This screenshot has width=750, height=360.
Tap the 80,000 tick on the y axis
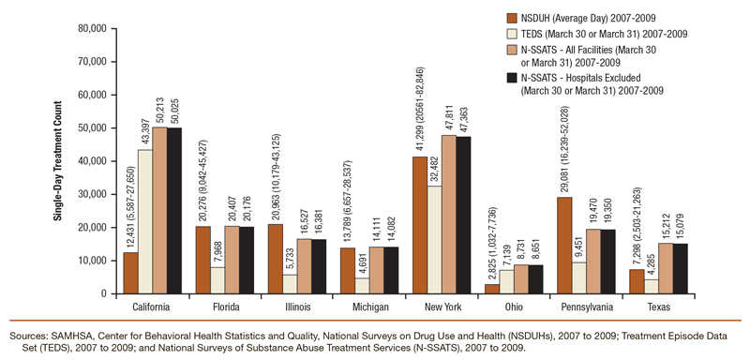(82, 29)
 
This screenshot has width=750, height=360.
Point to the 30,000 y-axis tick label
(82, 194)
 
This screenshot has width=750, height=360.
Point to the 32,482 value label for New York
(432, 163)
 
